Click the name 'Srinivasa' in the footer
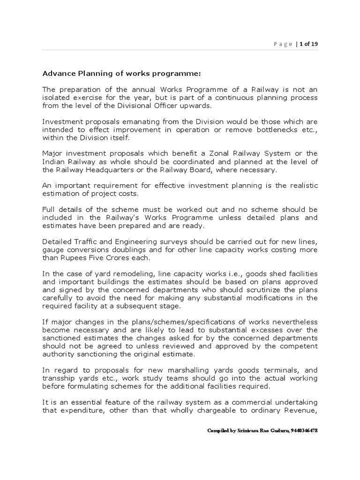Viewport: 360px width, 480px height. tap(249, 430)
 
